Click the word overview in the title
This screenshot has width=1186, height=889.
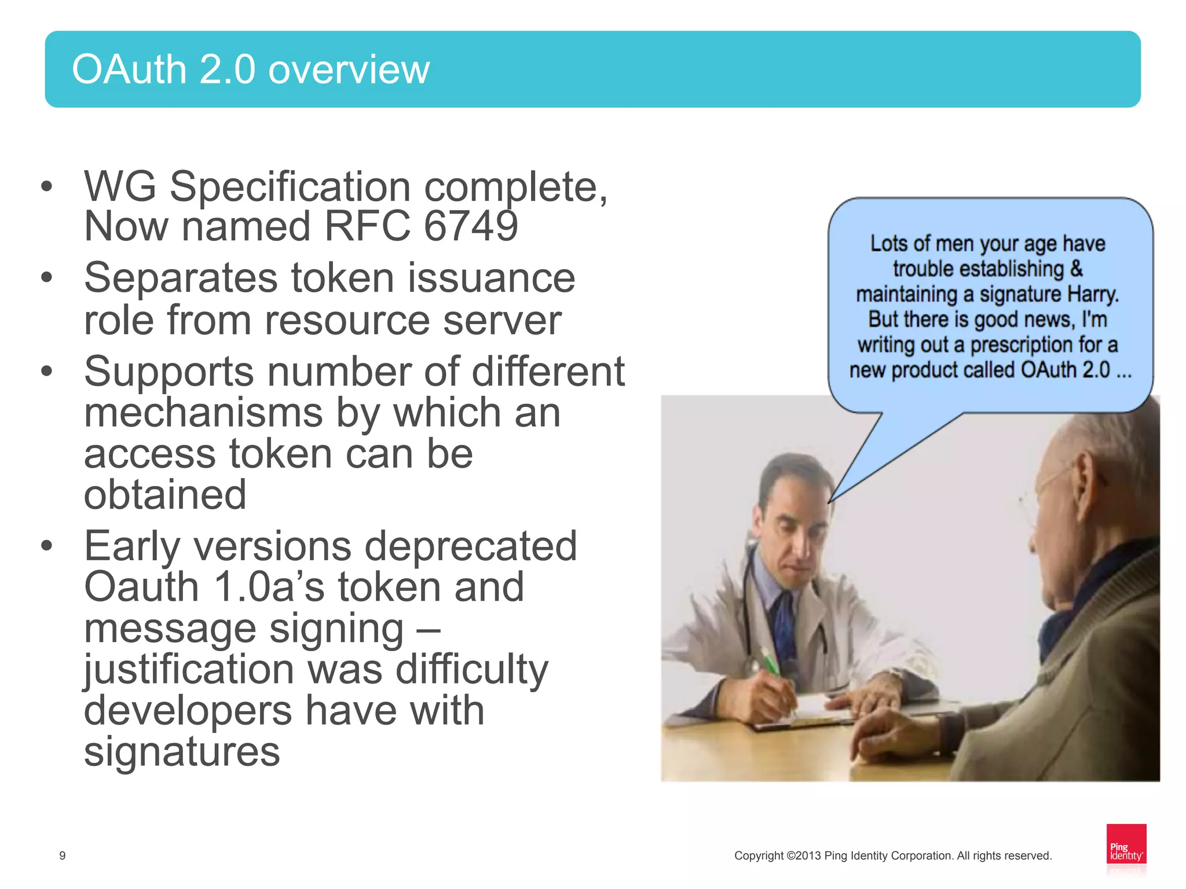[349, 69]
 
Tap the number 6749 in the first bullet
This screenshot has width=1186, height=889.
[470, 226]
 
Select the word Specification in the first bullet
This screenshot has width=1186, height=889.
[290, 187]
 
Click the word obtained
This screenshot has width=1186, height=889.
[165, 495]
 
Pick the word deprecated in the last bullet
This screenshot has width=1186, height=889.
[470, 546]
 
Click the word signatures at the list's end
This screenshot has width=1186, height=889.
[181, 752]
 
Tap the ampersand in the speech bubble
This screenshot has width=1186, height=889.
[1076, 269]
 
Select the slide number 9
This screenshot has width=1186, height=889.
[63, 855]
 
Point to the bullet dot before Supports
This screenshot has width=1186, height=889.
[47, 371]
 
